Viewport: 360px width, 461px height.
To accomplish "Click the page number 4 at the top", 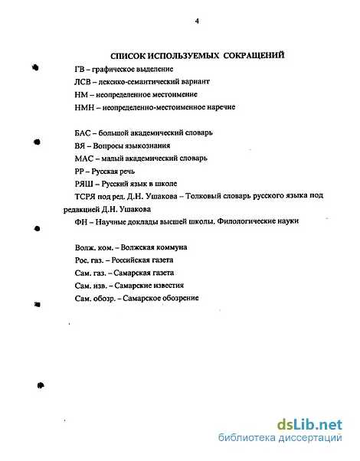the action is pyautogui.click(x=197, y=21).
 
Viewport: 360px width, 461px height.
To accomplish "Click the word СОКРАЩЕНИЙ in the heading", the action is pyautogui.click(x=250, y=55).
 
